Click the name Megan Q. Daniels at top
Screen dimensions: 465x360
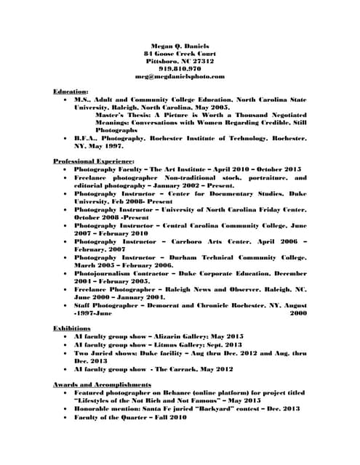tap(180, 46)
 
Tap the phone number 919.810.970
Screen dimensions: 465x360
tap(180, 68)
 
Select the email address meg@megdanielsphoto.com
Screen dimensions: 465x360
tap(180, 76)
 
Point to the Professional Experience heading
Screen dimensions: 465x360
tap(94, 160)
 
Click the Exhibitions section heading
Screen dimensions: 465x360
tap(71, 328)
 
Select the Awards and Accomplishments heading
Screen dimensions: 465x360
tap(102, 383)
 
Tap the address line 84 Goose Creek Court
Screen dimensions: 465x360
tap(180, 54)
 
